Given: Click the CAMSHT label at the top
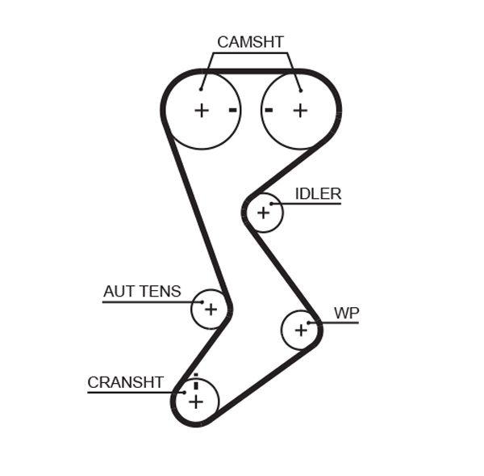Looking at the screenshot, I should click(x=250, y=42).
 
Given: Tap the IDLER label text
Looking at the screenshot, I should click(x=318, y=194).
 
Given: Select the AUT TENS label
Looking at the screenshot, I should click(x=142, y=292).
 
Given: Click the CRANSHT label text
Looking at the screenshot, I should click(x=125, y=382).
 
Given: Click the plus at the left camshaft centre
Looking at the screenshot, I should click(x=202, y=111).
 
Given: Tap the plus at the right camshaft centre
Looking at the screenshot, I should click(x=300, y=111).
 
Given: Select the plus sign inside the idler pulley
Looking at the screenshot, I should click(x=262, y=213).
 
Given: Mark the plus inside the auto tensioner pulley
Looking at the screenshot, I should click(x=211, y=309).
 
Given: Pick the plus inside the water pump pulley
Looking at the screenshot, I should click(x=301, y=329).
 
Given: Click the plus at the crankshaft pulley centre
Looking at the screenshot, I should click(x=195, y=401).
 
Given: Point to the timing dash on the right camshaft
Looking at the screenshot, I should click(x=269, y=110).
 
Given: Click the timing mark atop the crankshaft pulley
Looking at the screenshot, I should click(x=195, y=377).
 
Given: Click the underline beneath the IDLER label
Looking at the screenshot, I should click(x=311, y=204).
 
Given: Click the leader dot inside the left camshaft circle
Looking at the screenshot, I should click(x=201, y=89).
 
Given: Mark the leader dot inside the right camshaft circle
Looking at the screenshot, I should click(x=299, y=89).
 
